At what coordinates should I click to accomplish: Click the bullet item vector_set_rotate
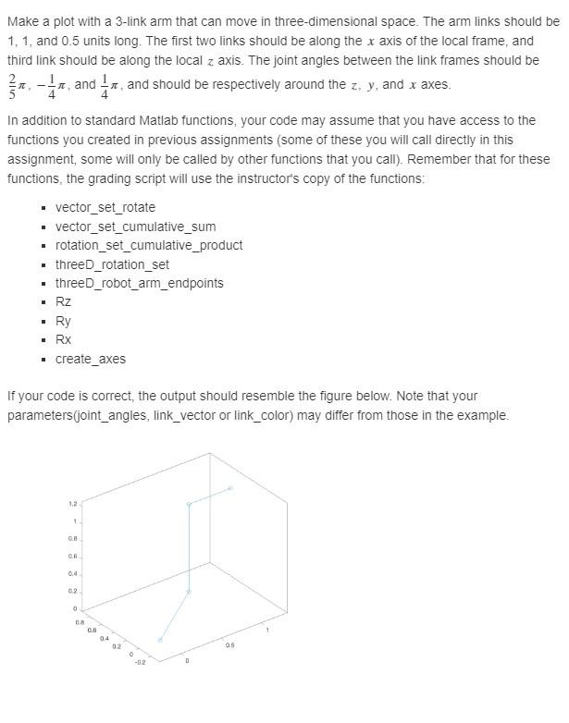click(105, 207)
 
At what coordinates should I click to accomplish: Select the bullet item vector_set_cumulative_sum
click(135, 227)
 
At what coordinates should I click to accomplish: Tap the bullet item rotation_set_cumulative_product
click(148, 245)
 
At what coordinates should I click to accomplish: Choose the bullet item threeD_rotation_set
click(112, 264)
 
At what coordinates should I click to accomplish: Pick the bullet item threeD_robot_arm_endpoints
click(139, 283)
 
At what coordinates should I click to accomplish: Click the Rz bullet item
click(63, 302)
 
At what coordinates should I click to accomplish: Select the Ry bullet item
click(63, 321)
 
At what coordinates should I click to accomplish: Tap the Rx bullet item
click(63, 339)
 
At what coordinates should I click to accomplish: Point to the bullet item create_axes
click(90, 359)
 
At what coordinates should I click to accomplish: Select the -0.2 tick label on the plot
click(140, 662)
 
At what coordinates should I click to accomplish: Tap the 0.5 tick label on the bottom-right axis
click(228, 645)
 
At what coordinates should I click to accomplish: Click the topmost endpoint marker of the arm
click(230, 487)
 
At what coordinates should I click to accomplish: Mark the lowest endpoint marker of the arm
click(160, 640)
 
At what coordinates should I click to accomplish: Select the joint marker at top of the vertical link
click(189, 505)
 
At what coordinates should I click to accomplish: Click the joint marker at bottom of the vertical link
click(189, 592)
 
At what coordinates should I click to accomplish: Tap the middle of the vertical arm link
click(189, 548)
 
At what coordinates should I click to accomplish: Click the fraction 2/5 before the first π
click(12, 85)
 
